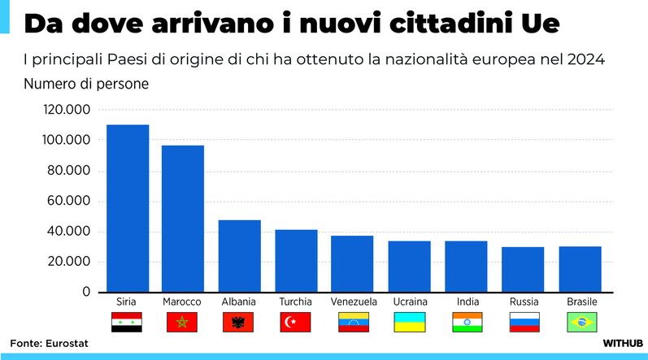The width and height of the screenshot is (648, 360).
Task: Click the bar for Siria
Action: (x=127, y=208)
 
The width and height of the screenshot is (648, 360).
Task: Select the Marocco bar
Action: (x=182, y=219)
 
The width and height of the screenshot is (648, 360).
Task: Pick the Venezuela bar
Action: (x=352, y=263)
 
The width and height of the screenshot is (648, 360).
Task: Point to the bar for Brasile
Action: (x=580, y=269)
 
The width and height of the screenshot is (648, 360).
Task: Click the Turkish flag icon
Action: (x=296, y=323)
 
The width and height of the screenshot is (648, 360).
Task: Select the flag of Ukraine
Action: (x=410, y=323)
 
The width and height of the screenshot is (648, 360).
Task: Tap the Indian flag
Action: (x=468, y=323)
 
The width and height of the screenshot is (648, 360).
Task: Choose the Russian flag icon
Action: (x=524, y=323)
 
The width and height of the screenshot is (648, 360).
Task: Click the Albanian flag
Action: (x=238, y=323)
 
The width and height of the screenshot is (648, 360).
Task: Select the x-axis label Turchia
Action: (x=295, y=301)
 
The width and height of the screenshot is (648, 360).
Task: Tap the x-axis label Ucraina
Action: (x=410, y=301)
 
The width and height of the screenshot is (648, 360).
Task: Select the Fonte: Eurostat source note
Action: (x=49, y=344)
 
